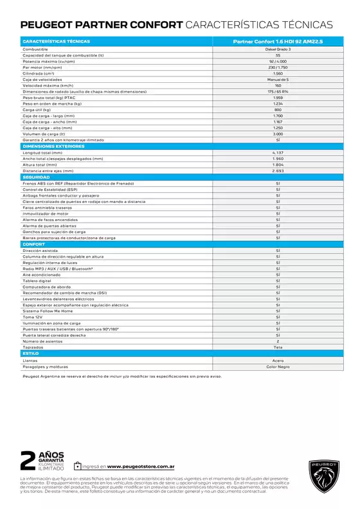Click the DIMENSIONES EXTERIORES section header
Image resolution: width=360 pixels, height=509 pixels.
(x=49, y=146)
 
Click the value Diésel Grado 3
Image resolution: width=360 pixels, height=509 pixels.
(x=278, y=49)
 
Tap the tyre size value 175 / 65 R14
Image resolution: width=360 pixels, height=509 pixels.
(x=278, y=91)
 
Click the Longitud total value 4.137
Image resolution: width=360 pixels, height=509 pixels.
(x=278, y=152)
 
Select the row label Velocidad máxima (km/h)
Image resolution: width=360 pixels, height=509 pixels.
(x=48, y=85)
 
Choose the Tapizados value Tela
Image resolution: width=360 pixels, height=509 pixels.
(x=278, y=347)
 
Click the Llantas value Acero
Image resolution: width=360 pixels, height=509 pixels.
(x=278, y=361)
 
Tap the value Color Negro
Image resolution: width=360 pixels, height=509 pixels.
(x=278, y=366)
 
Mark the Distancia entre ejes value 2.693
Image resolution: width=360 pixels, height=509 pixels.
(x=278, y=170)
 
